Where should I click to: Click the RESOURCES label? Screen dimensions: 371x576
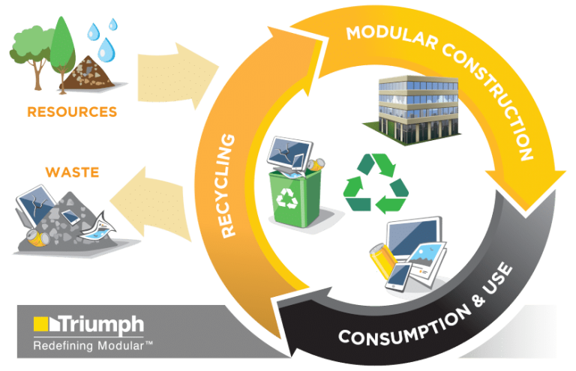(72, 112)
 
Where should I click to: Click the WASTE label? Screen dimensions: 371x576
(72, 172)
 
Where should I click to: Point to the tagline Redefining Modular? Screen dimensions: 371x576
(94, 345)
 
